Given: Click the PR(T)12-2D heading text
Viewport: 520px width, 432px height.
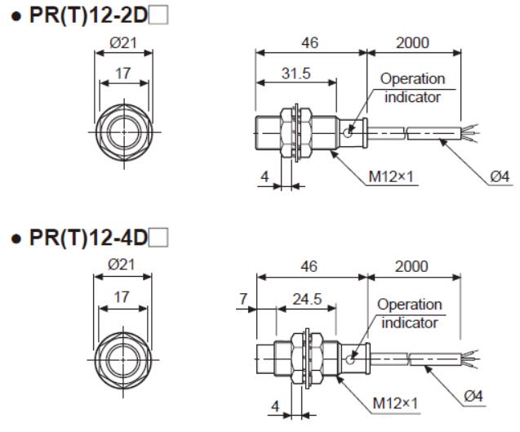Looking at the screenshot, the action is tap(88, 15).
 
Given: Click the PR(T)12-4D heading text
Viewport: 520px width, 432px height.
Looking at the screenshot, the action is tap(88, 238).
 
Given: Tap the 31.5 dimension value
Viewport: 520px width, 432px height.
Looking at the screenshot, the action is tap(296, 73).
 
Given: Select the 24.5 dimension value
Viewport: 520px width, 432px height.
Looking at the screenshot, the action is tap(307, 299).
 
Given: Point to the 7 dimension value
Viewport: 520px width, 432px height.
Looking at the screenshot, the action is tap(243, 299).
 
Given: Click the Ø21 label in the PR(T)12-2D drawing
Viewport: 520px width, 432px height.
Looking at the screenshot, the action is tap(123, 42).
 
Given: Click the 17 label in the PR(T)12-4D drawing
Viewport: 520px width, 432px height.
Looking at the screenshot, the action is tap(122, 297).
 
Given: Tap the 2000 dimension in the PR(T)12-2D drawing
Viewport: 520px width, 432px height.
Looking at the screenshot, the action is tap(412, 42).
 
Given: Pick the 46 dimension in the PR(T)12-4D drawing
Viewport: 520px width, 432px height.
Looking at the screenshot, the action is tap(309, 266).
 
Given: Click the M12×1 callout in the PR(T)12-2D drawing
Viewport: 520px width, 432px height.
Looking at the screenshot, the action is tap(391, 177).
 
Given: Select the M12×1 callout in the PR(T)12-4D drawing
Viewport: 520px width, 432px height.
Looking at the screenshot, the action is tap(395, 403).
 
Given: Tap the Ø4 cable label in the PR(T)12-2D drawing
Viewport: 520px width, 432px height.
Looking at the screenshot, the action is tap(500, 177).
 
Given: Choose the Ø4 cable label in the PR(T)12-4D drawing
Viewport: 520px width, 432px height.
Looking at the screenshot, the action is tap(473, 396).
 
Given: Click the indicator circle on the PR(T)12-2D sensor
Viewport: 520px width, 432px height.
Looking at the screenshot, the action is tap(348, 133).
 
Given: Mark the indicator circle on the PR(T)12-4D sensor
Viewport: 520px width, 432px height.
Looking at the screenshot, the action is tap(349, 359).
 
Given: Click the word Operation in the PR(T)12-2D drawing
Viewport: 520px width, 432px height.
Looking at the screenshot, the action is tap(412, 79).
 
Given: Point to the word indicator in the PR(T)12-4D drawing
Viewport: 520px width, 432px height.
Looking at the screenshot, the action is tap(410, 323).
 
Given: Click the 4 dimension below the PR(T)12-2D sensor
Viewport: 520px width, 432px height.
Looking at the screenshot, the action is tap(264, 177).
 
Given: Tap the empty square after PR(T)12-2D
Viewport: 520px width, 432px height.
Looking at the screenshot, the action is tap(158, 16).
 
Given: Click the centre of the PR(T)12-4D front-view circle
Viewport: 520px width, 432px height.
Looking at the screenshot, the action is tap(123, 359).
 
